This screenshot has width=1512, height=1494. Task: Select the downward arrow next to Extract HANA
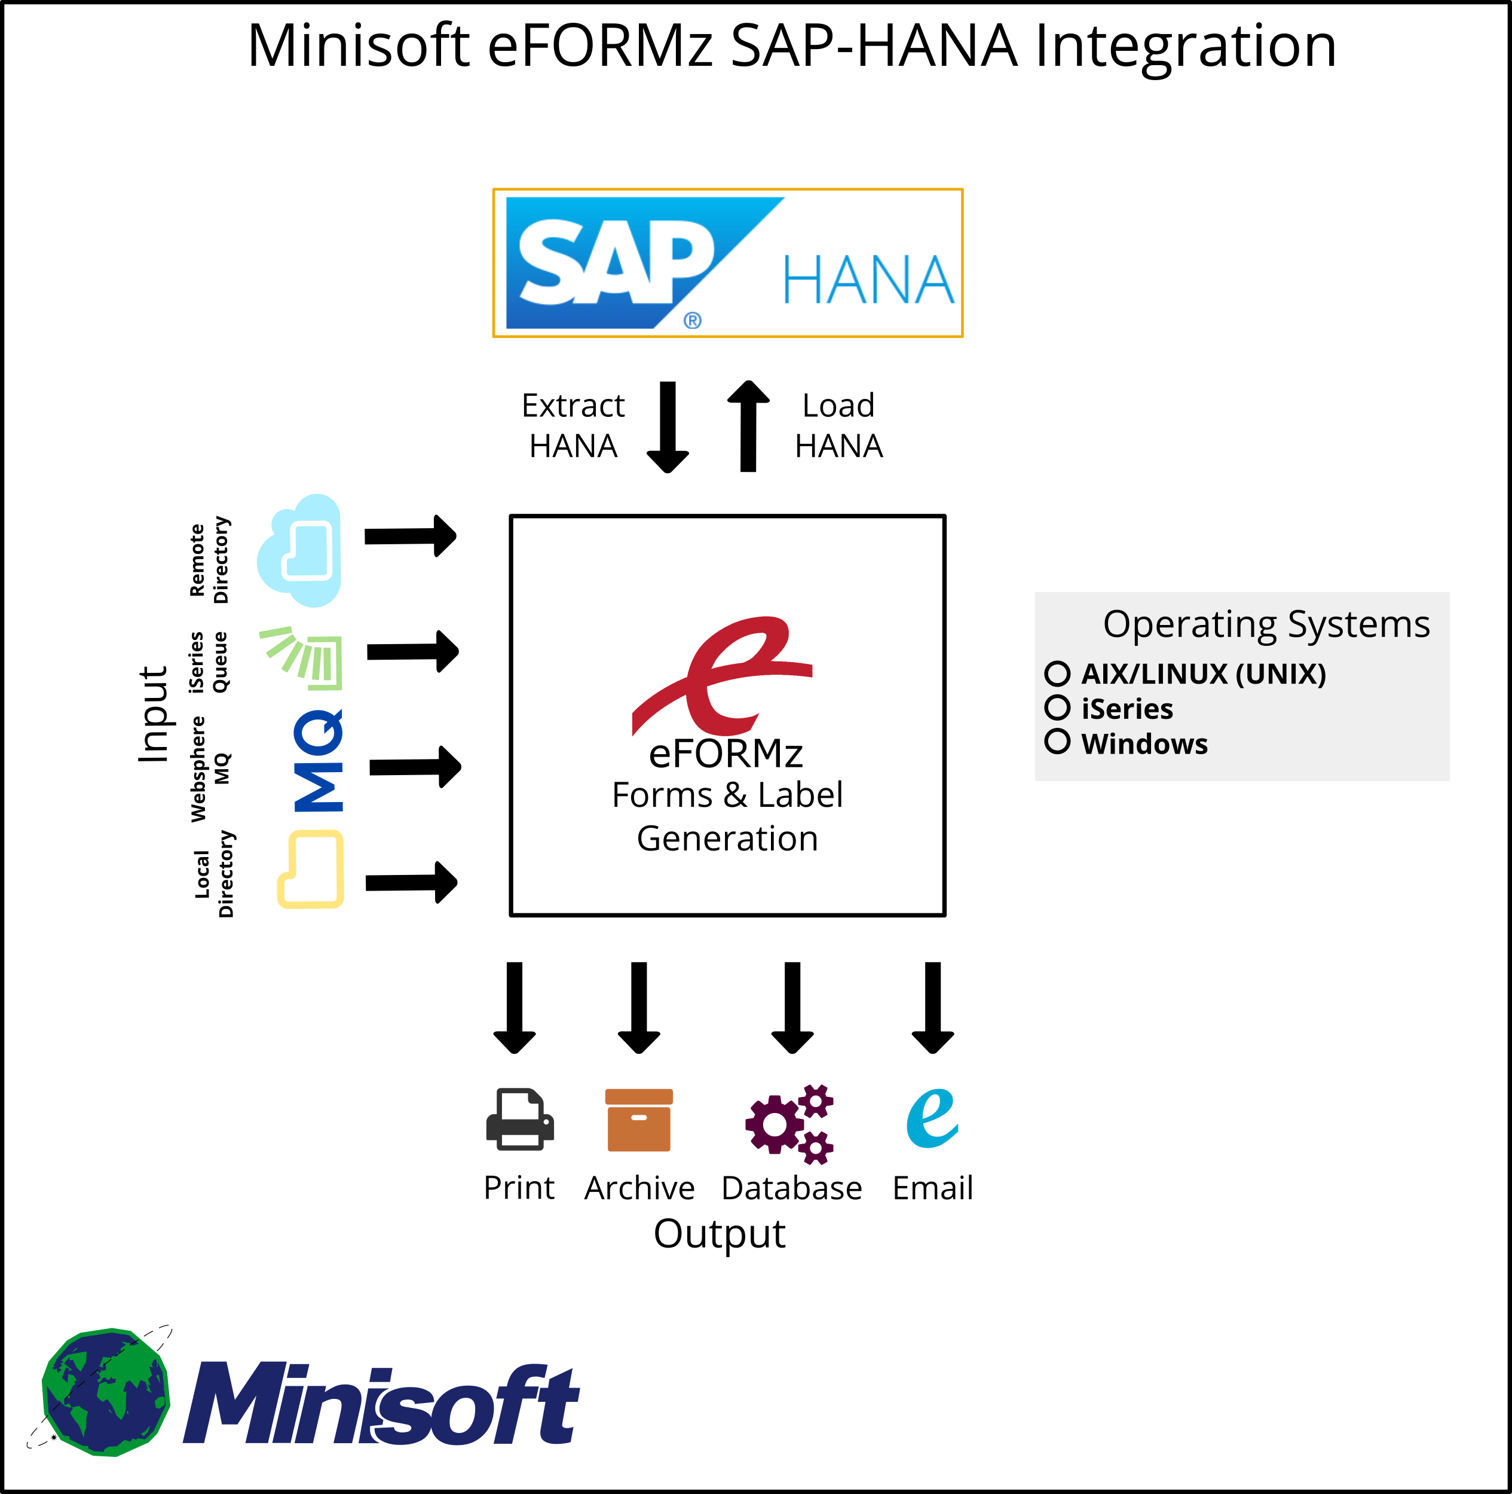click(668, 427)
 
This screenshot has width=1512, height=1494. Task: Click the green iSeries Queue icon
click(304, 658)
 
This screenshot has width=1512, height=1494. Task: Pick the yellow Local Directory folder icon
click(311, 869)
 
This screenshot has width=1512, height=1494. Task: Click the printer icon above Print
click(520, 1119)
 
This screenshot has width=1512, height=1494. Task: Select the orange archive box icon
click(639, 1120)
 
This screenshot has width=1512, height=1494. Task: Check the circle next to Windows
click(1057, 741)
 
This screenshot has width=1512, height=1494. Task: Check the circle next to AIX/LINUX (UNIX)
click(1057, 673)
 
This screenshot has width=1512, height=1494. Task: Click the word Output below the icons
click(718, 1234)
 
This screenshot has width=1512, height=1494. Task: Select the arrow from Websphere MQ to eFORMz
click(415, 767)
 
